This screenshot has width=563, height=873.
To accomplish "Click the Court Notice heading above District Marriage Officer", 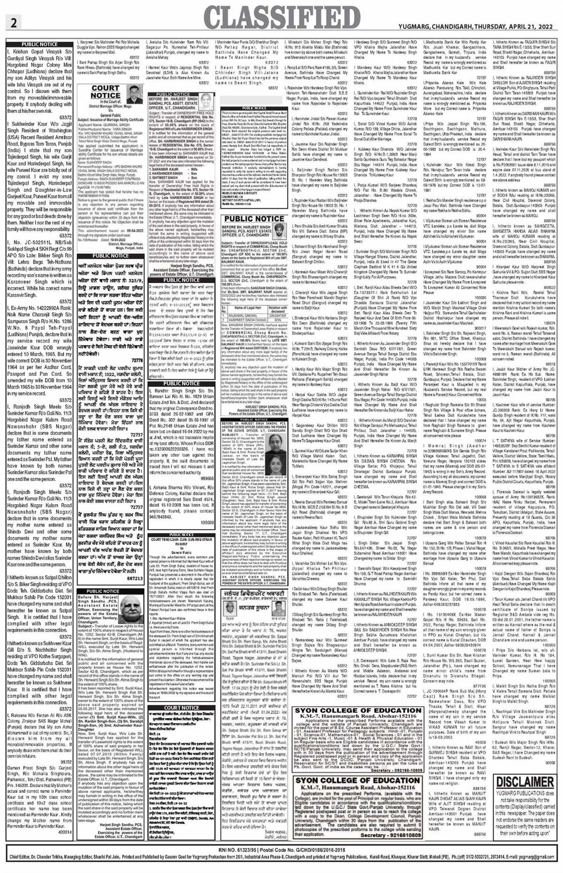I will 106,92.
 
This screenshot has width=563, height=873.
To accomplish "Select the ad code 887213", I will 134,579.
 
